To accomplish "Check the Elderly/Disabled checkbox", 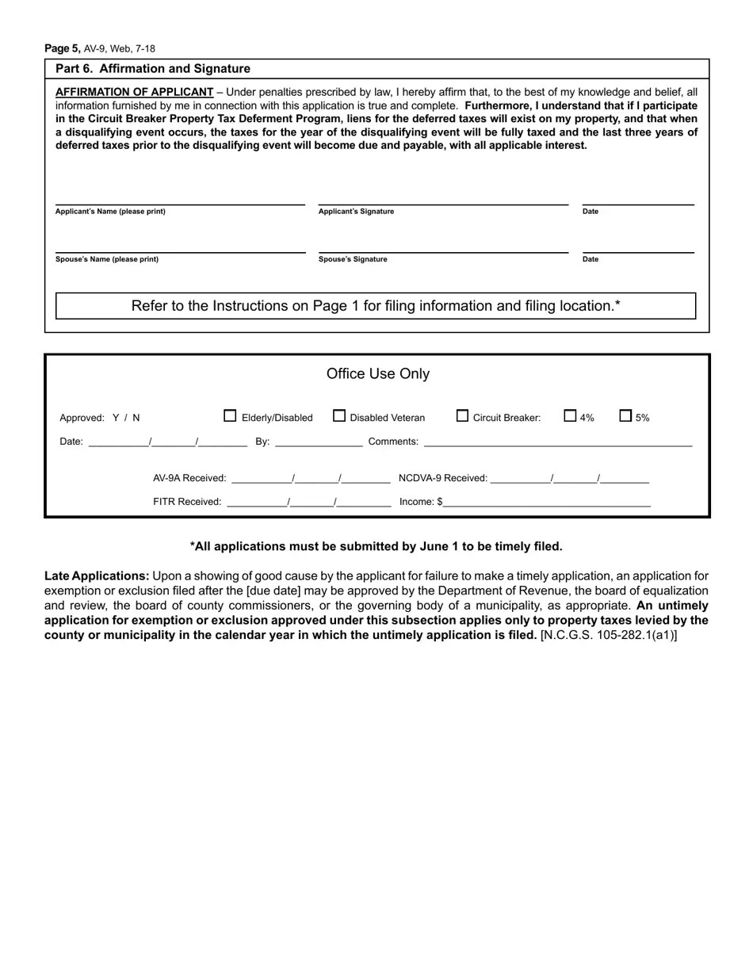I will [231, 415].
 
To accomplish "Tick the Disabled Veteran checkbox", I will [339, 415].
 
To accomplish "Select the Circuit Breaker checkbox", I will [463, 415].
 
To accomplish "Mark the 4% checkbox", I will [570, 415].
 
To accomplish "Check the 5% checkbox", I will [625, 415].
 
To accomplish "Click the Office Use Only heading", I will [378, 373].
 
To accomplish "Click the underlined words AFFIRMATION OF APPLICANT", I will [135, 92].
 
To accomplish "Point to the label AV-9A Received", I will [189, 478].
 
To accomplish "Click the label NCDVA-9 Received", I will [442, 478].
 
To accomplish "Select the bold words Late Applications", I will [97, 576].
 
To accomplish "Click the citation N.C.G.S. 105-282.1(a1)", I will [608, 635].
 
